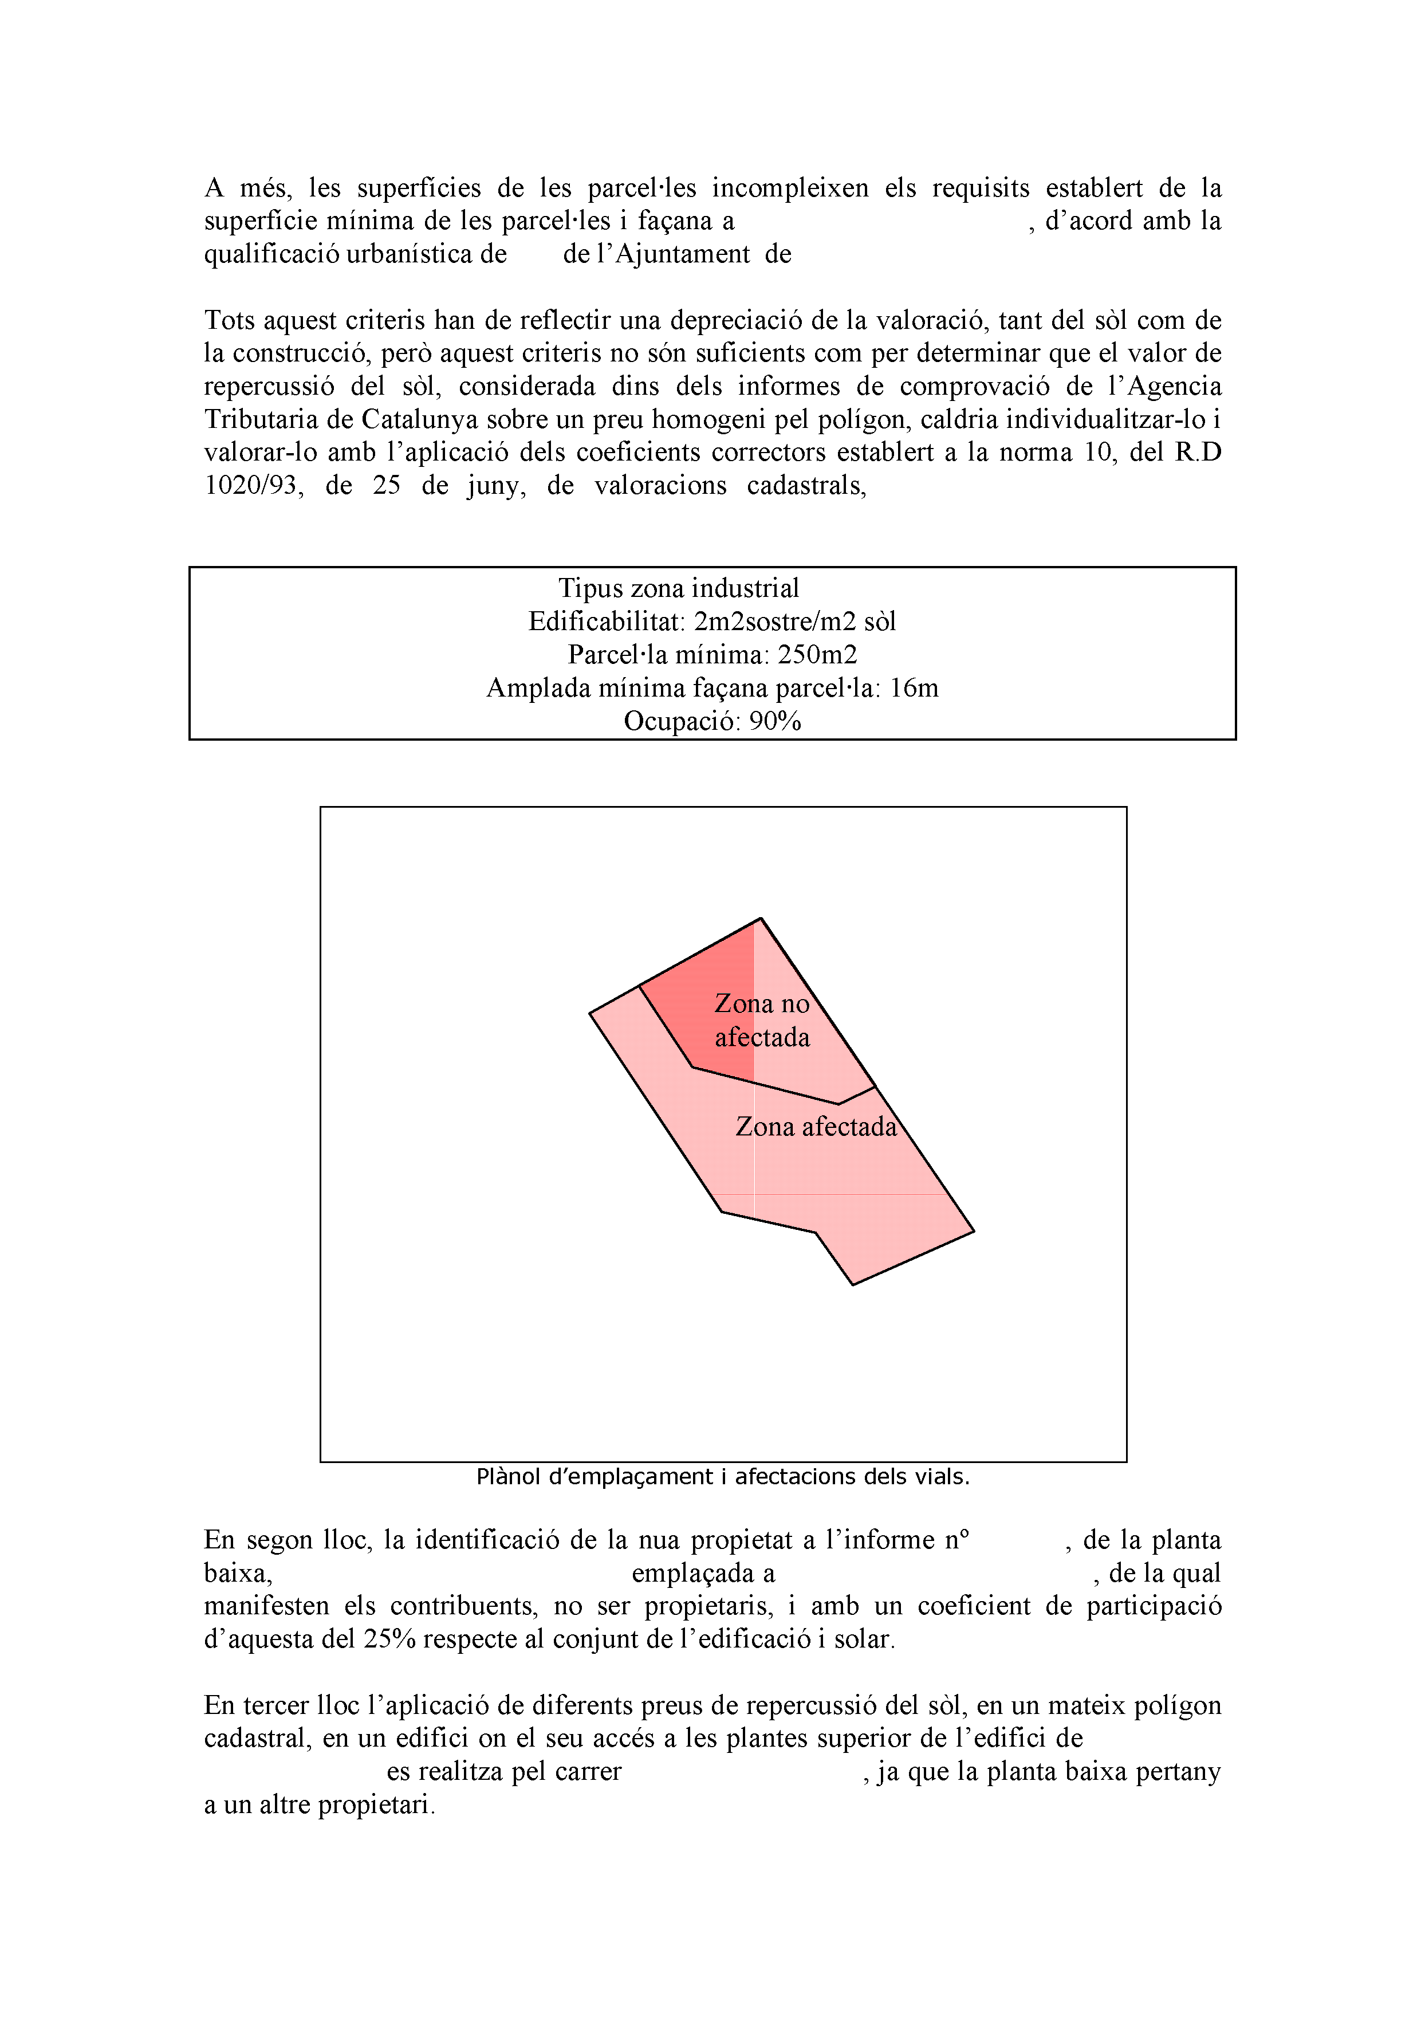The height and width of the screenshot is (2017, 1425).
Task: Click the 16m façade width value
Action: (914, 688)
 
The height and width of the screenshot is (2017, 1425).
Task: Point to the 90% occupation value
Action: (775, 721)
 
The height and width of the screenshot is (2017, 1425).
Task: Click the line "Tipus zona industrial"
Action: (678, 588)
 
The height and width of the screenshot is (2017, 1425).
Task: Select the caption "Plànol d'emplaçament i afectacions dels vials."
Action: (723, 1477)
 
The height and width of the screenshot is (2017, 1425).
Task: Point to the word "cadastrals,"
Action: (806, 485)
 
